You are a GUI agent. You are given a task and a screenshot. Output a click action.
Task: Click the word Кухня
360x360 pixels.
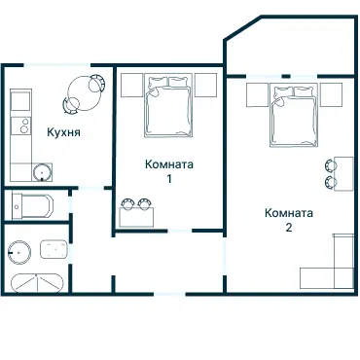point(63,132)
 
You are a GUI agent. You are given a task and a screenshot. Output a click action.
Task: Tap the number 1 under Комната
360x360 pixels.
point(169,179)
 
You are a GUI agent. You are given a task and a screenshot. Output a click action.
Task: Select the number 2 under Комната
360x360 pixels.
point(289,228)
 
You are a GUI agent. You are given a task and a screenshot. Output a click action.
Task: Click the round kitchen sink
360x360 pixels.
point(42,172)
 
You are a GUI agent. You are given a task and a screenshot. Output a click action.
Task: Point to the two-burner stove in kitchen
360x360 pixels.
point(21,126)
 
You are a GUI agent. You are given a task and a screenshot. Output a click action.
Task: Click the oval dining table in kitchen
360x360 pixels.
point(85,93)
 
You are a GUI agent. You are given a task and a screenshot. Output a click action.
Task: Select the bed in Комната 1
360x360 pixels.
point(168,105)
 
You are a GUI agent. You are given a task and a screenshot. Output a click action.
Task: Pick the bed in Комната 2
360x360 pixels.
point(294,115)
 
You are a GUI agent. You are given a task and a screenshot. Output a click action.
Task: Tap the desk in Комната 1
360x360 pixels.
point(136,217)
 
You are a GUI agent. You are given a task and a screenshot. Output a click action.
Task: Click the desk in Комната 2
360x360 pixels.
point(343,174)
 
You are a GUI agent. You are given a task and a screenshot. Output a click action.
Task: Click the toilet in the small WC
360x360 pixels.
point(32,206)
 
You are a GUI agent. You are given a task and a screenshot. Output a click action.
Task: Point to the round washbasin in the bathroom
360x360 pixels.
point(19,252)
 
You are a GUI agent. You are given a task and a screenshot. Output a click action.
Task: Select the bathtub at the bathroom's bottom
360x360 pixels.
point(38,283)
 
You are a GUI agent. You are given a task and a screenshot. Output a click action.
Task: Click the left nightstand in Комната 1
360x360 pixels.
point(132,85)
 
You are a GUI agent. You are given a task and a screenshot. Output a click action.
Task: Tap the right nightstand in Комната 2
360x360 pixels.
point(332,94)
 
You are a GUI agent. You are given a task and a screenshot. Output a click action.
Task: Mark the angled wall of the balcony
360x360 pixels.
point(242,28)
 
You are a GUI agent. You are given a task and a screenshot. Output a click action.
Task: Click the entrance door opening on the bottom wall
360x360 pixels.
point(169,294)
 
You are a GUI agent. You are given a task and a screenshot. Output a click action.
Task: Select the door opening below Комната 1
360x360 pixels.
point(180,231)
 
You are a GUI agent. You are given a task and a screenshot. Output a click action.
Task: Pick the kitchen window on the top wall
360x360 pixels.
point(57,65)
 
